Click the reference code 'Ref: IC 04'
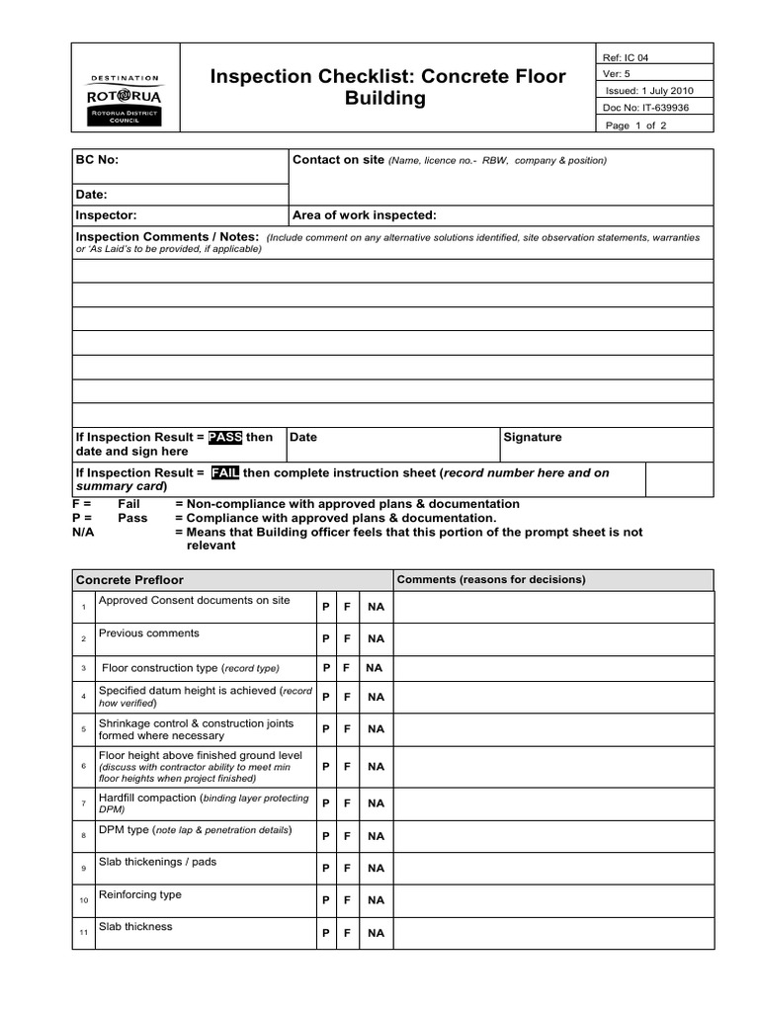(631, 57)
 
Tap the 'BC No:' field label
(98, 160)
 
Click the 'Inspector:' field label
(107, 215)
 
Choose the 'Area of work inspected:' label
(365, 215)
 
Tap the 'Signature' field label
(533, 437)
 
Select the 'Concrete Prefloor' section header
(129, 580)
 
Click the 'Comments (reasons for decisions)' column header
(491, 579)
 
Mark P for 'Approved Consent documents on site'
(326, 607)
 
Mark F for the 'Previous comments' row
(347, 639)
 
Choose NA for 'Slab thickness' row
(376, 933)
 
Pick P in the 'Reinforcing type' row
(326, 900)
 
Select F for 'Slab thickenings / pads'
(347, 868)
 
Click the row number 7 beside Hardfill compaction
(84, 803)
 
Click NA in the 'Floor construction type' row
(374, 668)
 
